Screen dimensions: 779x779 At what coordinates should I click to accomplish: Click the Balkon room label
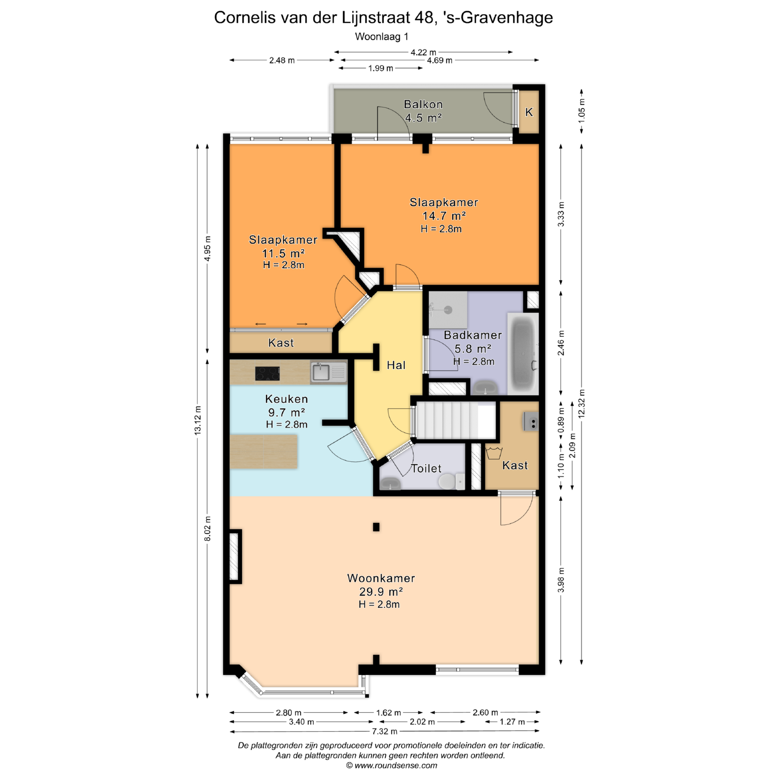(x=423, y=104)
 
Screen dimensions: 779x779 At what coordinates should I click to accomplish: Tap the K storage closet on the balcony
(x=529, y=112)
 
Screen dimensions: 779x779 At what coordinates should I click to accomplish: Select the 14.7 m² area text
(x=444, y=215)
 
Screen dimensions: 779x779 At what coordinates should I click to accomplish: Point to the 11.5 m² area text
(x=283, y=253)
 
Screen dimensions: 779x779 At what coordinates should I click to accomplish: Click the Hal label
(x=396, y=365)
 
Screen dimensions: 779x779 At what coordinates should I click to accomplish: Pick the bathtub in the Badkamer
(x=523, y=353)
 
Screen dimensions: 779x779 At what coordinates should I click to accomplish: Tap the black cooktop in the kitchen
(x=267, y=373)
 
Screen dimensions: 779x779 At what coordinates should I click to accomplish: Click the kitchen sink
(x=329, y=372)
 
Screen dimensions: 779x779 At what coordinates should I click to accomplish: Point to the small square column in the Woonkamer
(x=376, y=527)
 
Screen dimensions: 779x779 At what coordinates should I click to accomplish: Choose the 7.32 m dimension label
(x=385, y=731)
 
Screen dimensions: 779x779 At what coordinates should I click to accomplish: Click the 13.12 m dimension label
(x=198, y=420)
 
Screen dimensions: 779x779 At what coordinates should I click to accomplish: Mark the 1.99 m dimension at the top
(x=381, y=68)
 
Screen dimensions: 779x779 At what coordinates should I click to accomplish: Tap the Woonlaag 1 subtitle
(x=381, y=37)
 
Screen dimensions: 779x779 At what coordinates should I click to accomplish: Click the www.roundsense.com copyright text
(x=392, y=766)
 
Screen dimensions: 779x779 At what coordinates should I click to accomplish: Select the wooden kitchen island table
(x=264, y=452)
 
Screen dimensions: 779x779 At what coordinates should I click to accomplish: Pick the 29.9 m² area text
(x=381, y=591)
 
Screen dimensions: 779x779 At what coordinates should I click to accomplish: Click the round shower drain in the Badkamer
(x=448, y=310)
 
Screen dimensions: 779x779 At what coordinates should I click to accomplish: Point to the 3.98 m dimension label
(x=561, y=580)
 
